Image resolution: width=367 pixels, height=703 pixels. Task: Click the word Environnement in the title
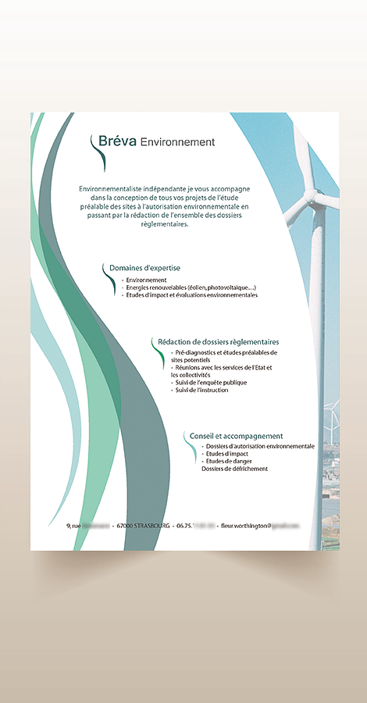[x=177, y=142]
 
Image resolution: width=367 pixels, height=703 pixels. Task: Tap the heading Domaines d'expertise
[x=144, y=268]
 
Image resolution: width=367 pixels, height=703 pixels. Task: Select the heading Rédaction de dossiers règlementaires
[x=218, y=342]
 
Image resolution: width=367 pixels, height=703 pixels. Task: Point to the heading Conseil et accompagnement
[x=236, y=436]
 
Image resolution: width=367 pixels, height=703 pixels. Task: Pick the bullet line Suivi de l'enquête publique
[x=211, y=383]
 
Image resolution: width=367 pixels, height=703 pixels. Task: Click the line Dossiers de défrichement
[x=234, y=469]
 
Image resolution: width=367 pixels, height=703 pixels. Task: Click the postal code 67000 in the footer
[x=124, y=526]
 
